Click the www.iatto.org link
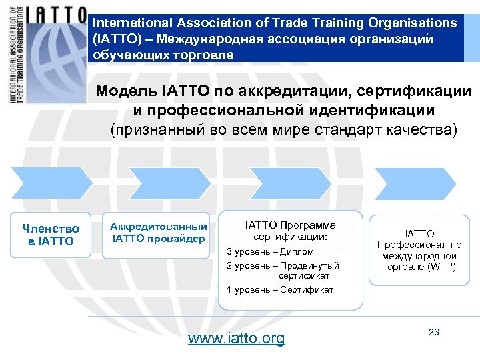tap(236, 339)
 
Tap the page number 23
tap(434, 332)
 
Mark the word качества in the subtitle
tap(422, 129)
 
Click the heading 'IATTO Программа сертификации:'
tap(291, 231)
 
